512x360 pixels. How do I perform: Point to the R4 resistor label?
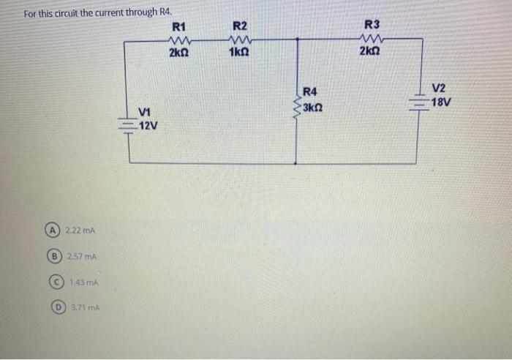tap(310, 91)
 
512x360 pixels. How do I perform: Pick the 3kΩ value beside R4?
tap(313, 108)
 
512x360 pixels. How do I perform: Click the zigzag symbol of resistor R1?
tap(178, 41)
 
